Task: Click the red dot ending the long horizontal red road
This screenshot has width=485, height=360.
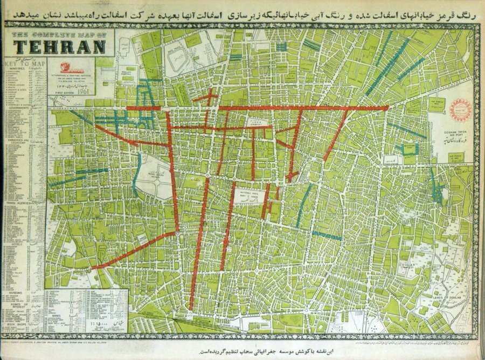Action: click(x=386, y=108)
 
